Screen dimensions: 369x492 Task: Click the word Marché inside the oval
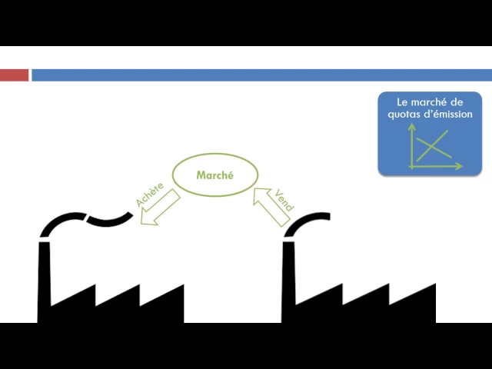point(215,175)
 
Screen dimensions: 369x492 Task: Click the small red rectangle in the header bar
point(14,75)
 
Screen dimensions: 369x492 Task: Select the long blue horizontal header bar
point(261,75)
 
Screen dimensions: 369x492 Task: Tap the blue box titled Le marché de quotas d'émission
point(429,134)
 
